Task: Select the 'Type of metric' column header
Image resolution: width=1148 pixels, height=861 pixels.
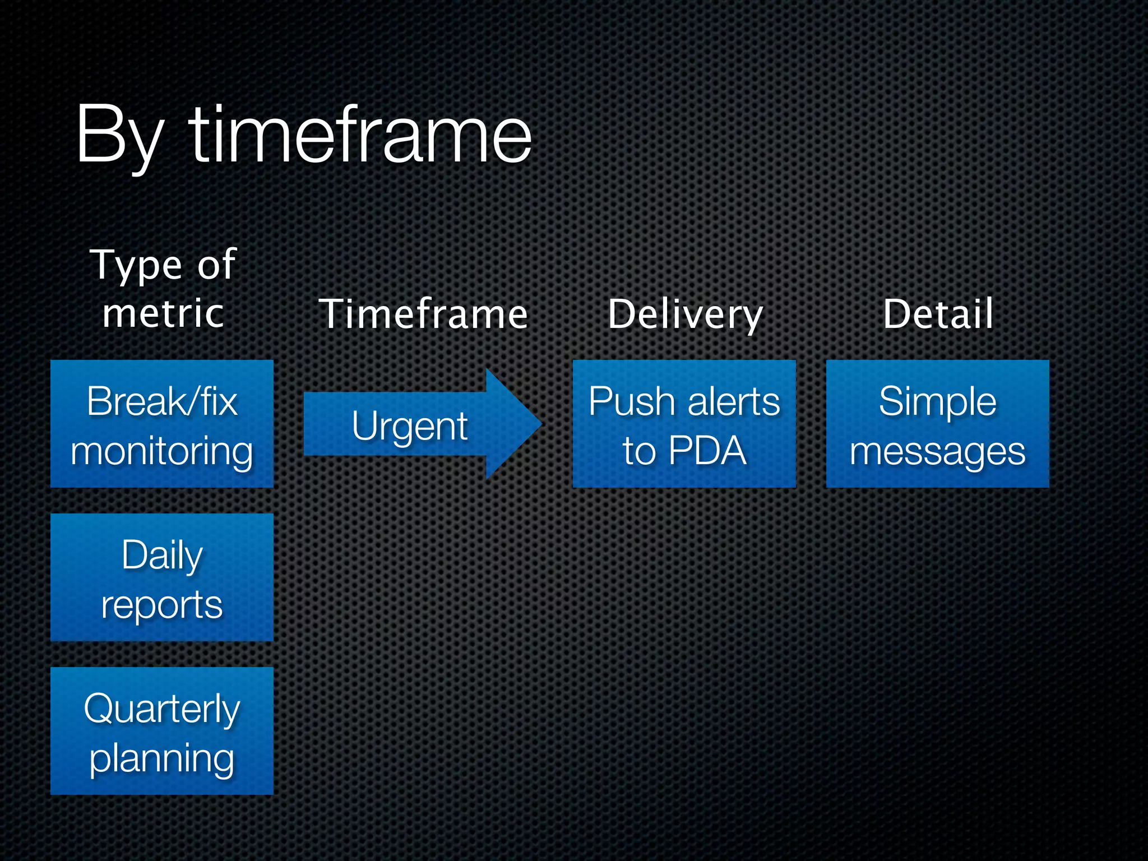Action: (x=163, y=288)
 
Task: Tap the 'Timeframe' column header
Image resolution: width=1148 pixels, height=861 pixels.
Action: (x=424, y=313)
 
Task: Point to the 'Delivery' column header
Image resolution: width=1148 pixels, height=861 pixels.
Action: (x=685, y=313)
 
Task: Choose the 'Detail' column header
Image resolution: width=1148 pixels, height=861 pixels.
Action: (x=938, y=313)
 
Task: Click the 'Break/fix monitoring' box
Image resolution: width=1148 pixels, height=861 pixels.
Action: (x=162, y=424)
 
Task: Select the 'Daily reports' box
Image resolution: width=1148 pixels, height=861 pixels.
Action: (x=162, y=577)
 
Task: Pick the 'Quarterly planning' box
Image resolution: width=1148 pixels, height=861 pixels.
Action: (x=162, y=731)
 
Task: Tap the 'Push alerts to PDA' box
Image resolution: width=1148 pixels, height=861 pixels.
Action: (x=684, y=424)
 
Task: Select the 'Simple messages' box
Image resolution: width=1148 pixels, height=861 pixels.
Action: (x=937, y=424)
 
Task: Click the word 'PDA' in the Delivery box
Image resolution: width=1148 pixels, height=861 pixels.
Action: (x=707, y=450)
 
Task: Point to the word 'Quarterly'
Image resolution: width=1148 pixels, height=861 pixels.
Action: (x=162, y=709)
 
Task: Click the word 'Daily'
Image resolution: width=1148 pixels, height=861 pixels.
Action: (x=162, y=556)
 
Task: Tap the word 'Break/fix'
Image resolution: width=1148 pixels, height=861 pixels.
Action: (x=162, y=401)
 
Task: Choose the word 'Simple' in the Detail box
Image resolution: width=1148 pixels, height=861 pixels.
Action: (x=937, y=401)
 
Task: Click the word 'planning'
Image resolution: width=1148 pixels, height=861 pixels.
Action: (x=162, y=758)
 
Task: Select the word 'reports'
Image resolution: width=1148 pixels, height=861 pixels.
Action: (x=162, y=605)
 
